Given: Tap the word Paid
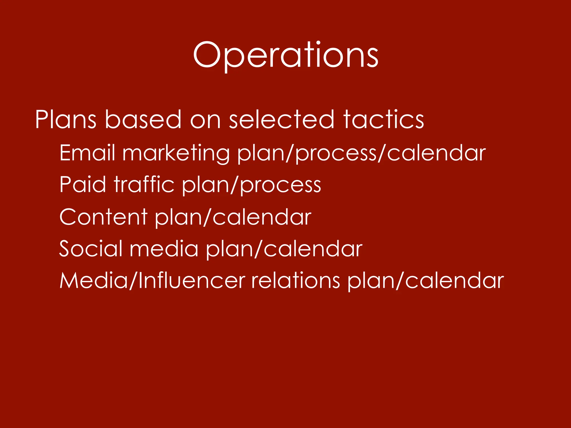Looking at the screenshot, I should tap(83, 184).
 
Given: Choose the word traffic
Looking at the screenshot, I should tap(144, 184).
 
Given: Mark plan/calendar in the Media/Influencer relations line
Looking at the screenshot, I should tap(426, 281).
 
